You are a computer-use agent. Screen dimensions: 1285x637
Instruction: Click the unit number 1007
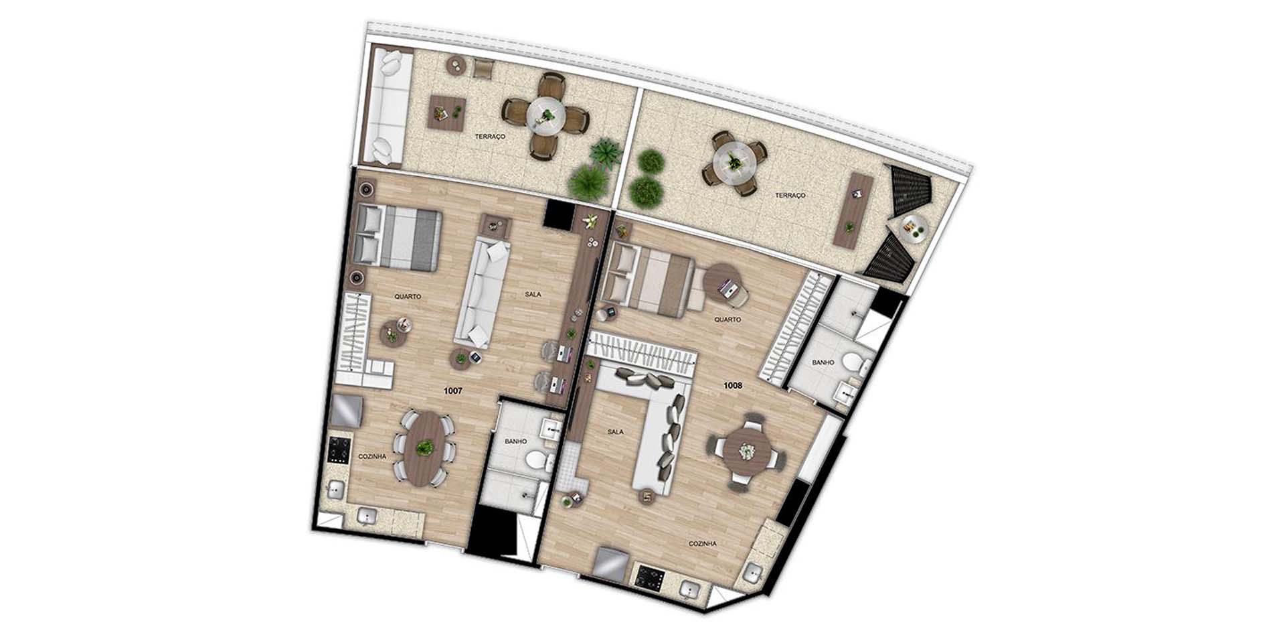click(x=453, y=390)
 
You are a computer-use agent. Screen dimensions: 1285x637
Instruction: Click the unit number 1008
click(x=732, y=385)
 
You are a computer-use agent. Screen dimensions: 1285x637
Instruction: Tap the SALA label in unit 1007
click(x=533, y=294)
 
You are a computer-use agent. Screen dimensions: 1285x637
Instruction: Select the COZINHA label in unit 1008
click(x=703, y=544)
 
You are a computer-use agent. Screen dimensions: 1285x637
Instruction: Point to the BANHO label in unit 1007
click(x=515, y=441)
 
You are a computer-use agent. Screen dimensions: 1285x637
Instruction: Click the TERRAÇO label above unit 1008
click(x=790, y=196)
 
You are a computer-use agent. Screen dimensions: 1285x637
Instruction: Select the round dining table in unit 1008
click(x=746, y=451)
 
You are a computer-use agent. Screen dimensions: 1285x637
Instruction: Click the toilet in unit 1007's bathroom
click(x=537, y=461)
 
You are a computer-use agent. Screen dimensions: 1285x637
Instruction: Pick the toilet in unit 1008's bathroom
click(x=855, y=366)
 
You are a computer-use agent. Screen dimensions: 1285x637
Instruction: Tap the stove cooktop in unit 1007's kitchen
click(x=338, y=450)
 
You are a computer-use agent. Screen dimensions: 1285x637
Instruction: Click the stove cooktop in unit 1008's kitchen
click(x=648, y=577)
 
